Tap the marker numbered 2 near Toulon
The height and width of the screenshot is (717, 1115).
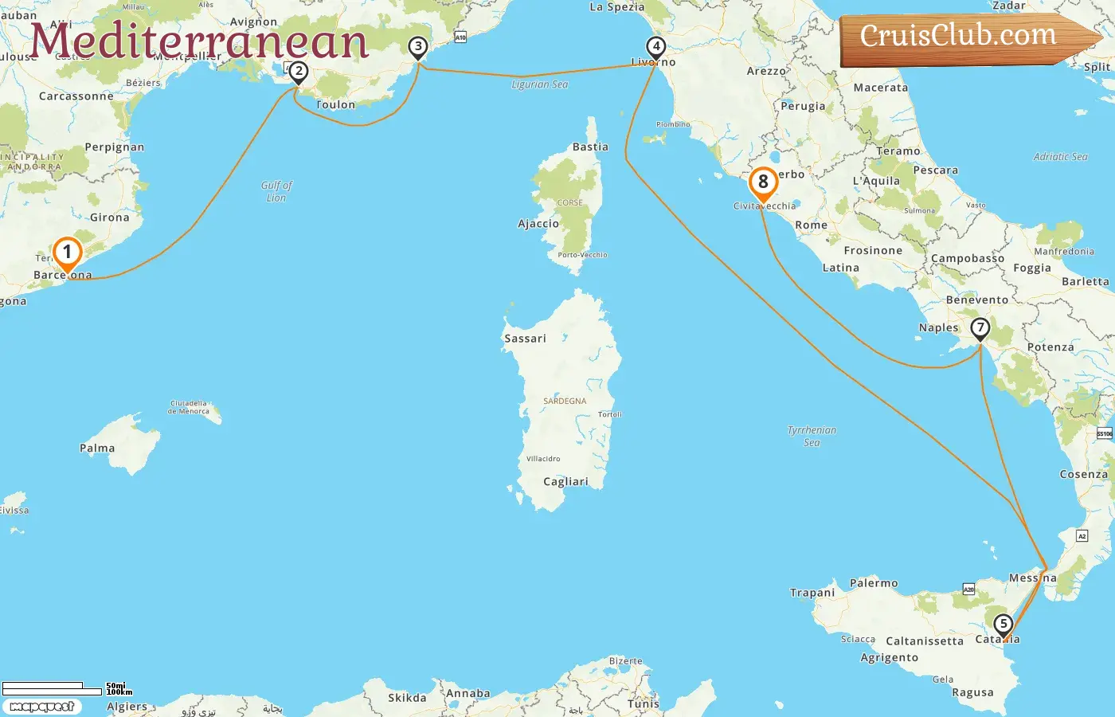(298, 72)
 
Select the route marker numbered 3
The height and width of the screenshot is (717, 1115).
(417, 47)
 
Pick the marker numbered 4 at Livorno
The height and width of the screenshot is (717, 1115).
(655, 47)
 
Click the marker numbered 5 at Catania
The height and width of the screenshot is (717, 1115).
(1003, 625)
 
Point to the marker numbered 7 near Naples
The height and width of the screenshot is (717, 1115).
(980, 327)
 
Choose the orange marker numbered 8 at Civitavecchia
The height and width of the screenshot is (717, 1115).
(763, 182)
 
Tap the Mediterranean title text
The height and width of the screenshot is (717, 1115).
(199, 41)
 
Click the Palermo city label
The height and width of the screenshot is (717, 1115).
(874, 583)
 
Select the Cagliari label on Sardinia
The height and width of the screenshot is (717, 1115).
(565, 482)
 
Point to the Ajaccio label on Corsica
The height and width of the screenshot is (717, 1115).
(538, 224)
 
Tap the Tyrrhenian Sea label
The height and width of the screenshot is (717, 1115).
(812, 436)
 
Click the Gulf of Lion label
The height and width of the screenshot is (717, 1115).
(276, 191)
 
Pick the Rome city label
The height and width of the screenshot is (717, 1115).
(811, 225)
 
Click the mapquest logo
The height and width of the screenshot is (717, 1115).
(41, 707)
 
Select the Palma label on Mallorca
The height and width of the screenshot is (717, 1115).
(97, 449)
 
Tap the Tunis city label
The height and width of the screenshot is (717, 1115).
(644, 703)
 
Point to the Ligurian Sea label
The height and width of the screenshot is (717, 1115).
(539, 84)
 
